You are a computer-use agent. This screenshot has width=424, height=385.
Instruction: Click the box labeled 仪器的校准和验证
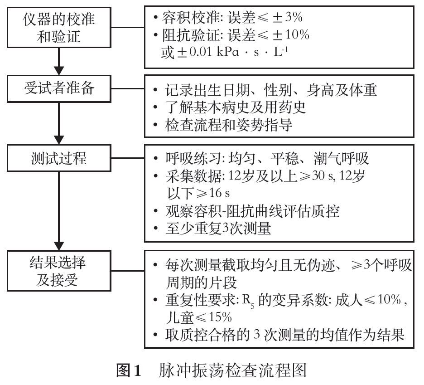coord(59,27)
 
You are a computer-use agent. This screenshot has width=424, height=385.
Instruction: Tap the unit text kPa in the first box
coord(230,53)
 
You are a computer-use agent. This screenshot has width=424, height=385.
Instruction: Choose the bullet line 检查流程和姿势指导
coord(229,125)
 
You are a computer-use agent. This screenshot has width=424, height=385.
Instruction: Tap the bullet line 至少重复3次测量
coord(218,228)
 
